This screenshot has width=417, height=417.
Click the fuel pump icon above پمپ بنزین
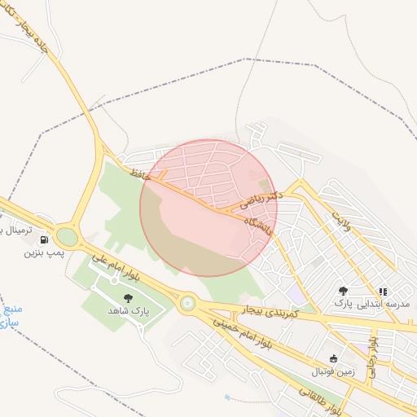[44, 239]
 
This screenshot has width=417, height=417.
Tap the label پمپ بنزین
[42, 253]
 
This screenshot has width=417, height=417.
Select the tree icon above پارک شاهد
[127, 299]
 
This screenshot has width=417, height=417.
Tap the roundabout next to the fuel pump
[67, 237]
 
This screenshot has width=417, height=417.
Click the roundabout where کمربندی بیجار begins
[188, 304]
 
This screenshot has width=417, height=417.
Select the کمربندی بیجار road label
[270, 311]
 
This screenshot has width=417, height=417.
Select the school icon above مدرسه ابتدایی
[382, 291]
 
